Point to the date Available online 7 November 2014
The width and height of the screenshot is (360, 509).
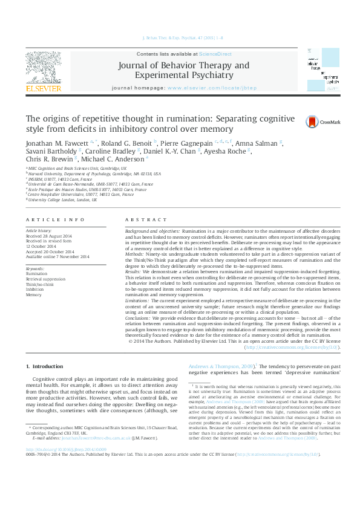[57, 257]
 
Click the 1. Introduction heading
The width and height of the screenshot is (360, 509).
[46, 367]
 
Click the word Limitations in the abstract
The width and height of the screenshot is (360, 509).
[142, 299]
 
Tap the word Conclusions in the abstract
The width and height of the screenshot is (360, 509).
[143, 317]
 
